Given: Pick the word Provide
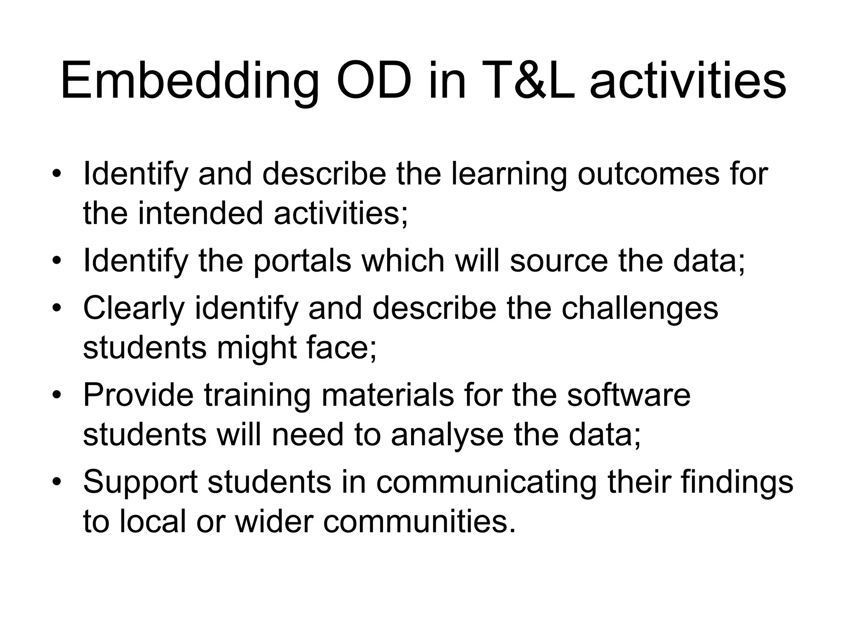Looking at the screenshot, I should (138, 395).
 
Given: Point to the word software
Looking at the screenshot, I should (629, 395).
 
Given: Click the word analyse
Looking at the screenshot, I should (447, 435).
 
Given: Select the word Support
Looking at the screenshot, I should (141, 482).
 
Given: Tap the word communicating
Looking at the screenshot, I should (486, 482).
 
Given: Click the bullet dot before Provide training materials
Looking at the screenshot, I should (57, 396).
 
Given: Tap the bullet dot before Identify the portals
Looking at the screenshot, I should (57, 261).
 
